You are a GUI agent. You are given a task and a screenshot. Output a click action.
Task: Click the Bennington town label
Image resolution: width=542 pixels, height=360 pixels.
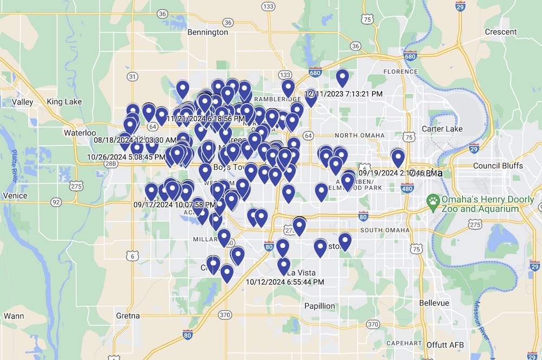coord(208,33)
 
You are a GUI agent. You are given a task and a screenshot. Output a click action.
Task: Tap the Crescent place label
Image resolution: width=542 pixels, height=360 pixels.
coord(501,32)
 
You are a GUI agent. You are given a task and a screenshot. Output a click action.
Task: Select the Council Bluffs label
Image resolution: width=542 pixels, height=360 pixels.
coord(498,165)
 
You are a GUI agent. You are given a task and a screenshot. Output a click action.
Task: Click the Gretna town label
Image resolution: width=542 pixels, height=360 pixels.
coord(128,316)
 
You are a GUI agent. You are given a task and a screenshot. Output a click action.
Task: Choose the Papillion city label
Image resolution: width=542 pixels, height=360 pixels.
coord(319,306)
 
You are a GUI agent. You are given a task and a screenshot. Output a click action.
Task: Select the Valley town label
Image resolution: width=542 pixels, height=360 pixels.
coord(23,102)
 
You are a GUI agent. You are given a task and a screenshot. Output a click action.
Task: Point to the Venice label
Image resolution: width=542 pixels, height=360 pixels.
coord(15,195)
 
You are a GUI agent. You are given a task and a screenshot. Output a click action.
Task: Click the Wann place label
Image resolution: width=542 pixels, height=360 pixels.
coord(13,316)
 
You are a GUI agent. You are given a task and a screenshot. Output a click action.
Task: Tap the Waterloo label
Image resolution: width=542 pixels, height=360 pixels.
coord(80,132)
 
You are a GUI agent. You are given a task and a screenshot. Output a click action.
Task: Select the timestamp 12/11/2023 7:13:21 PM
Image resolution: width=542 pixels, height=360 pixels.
coord(344,94)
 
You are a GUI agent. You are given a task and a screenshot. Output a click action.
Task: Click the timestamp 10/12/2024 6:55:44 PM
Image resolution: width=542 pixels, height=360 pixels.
coord(285,282)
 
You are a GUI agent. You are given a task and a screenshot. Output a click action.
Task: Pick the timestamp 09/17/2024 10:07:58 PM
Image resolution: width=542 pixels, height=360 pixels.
coord(175,205)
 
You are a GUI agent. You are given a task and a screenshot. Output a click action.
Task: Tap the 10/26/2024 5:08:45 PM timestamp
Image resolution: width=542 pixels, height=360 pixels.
coord(126,157)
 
